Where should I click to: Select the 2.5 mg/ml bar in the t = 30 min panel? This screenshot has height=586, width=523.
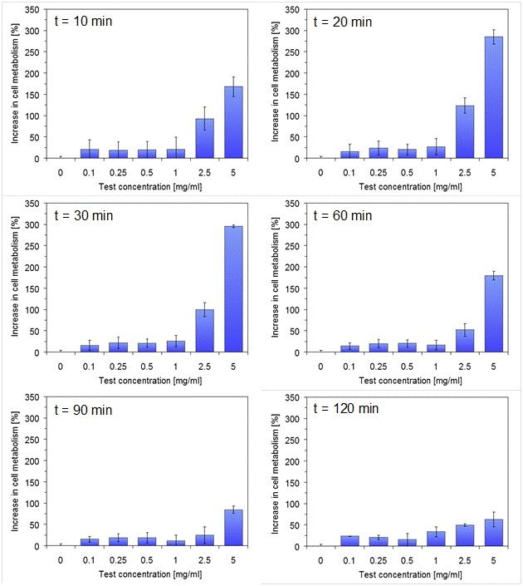[x=203, y=331]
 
